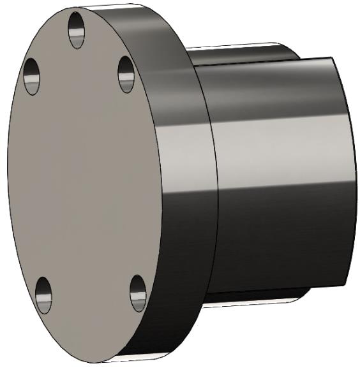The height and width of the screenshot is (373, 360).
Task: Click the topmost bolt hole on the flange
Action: [77, 30]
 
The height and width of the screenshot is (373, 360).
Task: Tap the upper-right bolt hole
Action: [126, 73]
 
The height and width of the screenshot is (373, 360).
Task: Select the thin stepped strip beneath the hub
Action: [255, 298]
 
